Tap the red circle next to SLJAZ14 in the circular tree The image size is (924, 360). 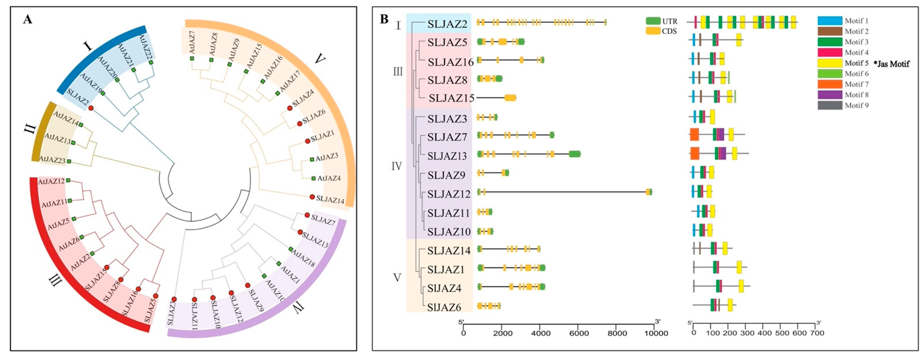[312, 197]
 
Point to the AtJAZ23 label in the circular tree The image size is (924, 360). [52, 160]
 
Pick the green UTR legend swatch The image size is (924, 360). [653, 21]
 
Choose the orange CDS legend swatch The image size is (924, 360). [653, 31]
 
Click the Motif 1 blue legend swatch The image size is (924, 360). [830, 21]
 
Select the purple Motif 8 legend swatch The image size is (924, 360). [830, 95]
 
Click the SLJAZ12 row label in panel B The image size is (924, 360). [449, 194]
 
